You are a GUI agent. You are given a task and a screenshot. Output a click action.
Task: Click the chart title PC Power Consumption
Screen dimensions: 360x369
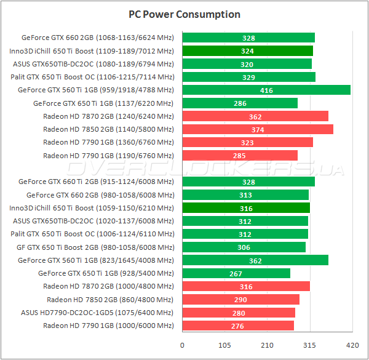pos(184,14)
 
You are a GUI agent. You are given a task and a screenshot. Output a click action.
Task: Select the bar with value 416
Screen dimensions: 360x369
pos(266,90)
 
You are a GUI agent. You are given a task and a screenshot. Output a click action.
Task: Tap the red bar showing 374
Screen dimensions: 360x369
pos(258,129)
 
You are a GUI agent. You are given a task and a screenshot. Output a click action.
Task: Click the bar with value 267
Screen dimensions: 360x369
pos(236,273)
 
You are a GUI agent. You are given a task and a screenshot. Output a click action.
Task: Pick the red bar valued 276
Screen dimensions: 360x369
pos(238,326)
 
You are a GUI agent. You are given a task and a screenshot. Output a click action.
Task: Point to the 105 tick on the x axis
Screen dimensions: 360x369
pos(224,345)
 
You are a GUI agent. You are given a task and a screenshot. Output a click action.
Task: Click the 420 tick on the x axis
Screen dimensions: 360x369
pos(352,345)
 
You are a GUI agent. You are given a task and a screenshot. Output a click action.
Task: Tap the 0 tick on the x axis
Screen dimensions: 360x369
pos(182,345)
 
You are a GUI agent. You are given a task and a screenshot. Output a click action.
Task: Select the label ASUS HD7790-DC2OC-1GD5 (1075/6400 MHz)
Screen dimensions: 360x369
pos(97,313)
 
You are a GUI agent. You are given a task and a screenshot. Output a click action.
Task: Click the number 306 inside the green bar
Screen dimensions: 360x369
pos(244,247)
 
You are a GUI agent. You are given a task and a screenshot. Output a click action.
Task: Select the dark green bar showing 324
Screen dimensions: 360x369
pos(248,51)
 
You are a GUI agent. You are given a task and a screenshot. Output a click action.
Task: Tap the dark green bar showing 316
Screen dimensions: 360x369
pos(246,208)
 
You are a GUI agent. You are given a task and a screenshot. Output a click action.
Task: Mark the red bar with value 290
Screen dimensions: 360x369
pos(241,300)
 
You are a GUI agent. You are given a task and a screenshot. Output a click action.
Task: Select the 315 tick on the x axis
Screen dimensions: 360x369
pos(310,345)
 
